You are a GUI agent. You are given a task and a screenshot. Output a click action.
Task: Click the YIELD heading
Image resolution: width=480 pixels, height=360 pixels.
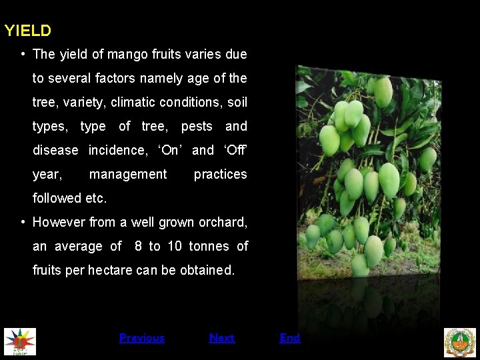click(x=28, y=31)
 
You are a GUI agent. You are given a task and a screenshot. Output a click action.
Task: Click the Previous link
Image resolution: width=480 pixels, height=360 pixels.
click(x=141, y=338)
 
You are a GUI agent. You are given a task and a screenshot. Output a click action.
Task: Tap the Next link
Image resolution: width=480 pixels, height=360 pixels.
click(x=221, y=338)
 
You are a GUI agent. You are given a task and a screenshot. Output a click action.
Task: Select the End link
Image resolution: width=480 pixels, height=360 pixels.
click(x=289, y=338)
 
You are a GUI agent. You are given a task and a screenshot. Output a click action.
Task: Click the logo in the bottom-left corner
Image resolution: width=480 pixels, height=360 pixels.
click(x=20, y=341)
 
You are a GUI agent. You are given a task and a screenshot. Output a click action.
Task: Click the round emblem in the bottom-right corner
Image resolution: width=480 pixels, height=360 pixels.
click(x=460, y=342)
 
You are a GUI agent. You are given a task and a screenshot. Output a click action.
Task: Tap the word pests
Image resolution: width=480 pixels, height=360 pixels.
click(x=197, y=126)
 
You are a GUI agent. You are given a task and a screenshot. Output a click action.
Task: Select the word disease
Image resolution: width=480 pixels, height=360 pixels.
click(x=55, y=150)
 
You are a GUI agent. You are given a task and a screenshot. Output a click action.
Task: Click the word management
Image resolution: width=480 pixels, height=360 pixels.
click(x=128, y=174)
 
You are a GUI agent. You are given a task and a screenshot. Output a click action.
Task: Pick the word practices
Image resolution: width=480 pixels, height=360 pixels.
click(x=220, y=174)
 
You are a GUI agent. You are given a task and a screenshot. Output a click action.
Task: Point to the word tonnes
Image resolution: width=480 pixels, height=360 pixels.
click(x=209, y=246)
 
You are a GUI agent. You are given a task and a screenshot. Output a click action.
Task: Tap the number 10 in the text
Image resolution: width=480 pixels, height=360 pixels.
click(x=175, y=246)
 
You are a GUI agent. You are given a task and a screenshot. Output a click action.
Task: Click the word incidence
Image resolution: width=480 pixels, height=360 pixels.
click(x=118, y=150)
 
